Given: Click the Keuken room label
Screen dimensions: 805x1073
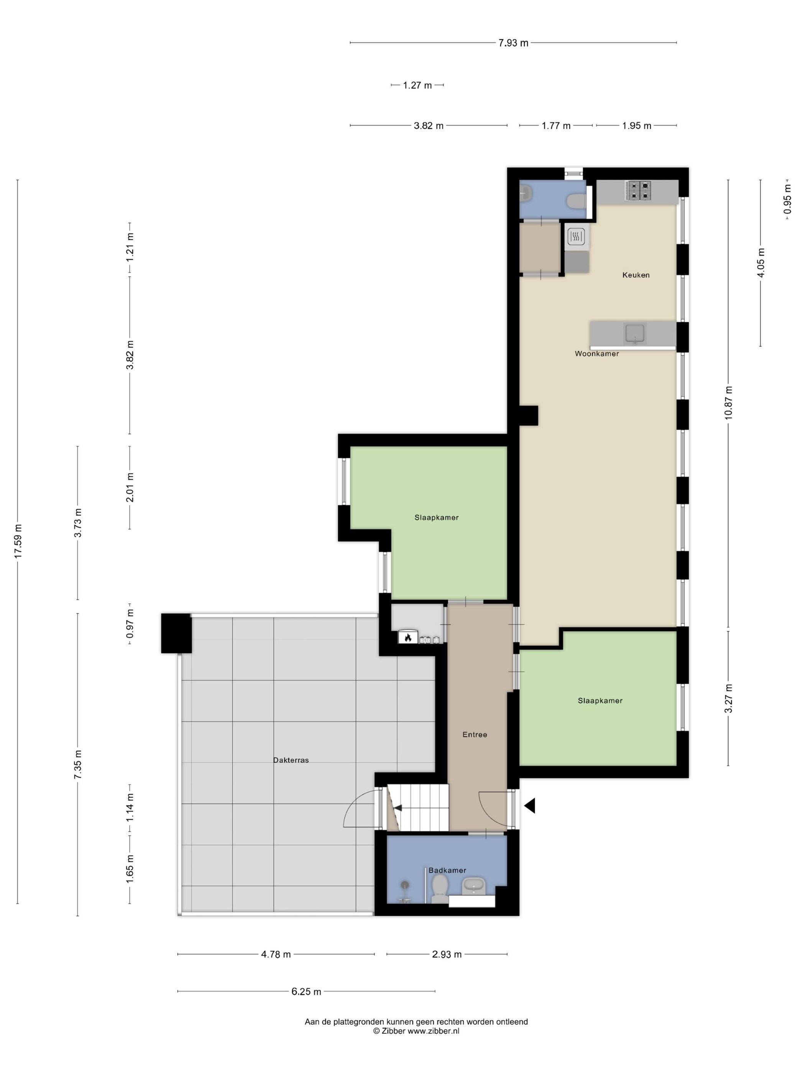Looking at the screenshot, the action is [x=636, y=275].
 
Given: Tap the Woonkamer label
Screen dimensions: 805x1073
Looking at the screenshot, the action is [x=597, y=354].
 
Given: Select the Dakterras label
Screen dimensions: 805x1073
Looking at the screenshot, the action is [x=291, y=760].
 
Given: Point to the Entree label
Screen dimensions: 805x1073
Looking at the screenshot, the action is [x=475, y=734].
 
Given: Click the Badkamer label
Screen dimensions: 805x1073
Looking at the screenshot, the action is [x=447, y=870].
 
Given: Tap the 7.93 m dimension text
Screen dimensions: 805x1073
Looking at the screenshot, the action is [x=513, y=43].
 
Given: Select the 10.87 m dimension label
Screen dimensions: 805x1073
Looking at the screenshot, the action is [x=728, y=403].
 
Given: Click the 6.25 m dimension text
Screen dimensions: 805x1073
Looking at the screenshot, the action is [x=306, y=991].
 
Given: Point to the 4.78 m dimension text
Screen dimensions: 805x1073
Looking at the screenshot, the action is [x=276, y=954].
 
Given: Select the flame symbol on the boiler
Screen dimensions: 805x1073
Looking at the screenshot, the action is [x=407, y=637].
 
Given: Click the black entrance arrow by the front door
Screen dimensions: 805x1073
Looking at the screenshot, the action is [x=529, y=806].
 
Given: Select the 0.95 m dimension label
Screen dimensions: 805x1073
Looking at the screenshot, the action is [x=787, y=199].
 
